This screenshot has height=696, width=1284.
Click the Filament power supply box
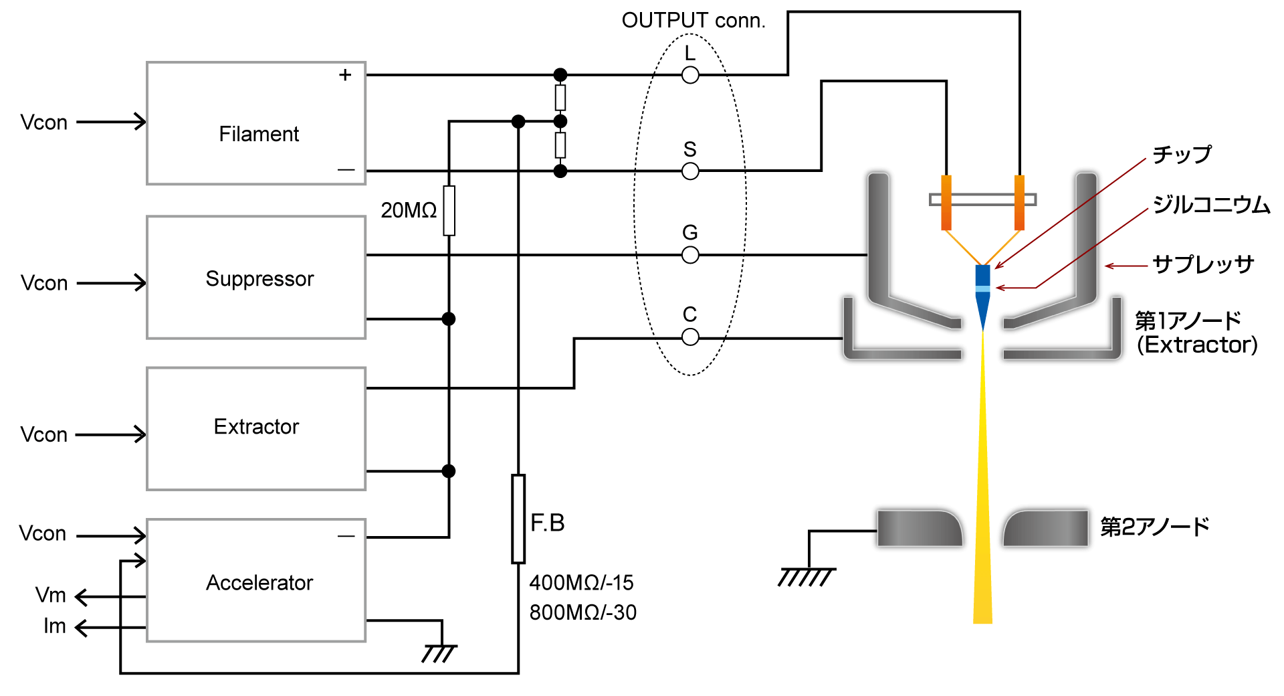pos(256,123)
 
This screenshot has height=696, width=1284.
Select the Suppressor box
pos(256,277)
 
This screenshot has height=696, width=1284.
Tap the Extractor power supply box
pos(256,428)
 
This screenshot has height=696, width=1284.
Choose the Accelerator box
pos(256,580)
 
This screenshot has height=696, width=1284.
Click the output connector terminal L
pos(690,75)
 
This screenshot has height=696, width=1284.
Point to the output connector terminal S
pos(690,171)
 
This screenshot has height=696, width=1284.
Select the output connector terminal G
pos(690,255)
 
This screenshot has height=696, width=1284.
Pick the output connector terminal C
pos(690,337)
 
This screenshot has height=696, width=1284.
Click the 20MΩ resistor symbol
pos(449,211)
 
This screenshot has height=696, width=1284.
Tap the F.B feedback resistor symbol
pos(518,519)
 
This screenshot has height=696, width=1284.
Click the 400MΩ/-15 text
pos(581,583)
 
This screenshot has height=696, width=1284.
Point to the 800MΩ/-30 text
pos(582,612)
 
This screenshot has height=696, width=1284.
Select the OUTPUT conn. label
pos(693,21)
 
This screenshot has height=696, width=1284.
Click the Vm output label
pos(51,595)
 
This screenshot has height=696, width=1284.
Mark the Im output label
pos(54,626)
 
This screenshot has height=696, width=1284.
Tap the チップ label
pos(1182,155)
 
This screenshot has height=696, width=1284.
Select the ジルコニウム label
pos(1211,205)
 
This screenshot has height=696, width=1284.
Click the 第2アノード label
pos(1155,527)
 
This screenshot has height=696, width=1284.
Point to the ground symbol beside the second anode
pos(807,576)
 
